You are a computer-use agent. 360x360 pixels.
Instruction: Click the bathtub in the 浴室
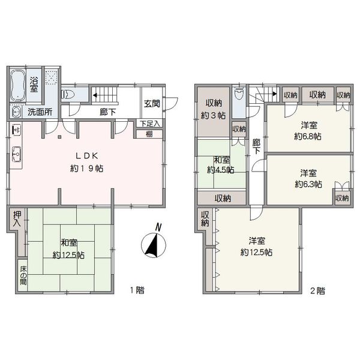coord(17,85)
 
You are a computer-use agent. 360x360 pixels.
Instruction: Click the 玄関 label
coord(152,104)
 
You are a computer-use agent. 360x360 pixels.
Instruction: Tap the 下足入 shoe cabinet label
coord(149,124)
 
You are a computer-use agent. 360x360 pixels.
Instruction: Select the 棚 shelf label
coord(149,134)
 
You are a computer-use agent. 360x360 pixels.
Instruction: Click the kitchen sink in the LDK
coord(17,154)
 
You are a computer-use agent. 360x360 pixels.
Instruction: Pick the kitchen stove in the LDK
coord(17,130)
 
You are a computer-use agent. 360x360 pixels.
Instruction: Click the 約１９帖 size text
coord(87,169)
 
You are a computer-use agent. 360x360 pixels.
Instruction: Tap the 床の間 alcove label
coord(23,275)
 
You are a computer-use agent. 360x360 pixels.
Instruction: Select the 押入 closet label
coord(17,219)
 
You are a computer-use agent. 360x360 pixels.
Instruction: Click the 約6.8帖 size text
coord(308,137)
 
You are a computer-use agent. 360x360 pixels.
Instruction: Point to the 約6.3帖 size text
coord(308,184)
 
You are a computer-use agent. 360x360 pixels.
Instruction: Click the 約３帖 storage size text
coord(213,115)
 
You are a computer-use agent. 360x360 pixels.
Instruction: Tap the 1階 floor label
coord(137,290)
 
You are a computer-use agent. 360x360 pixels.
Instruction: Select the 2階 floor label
coord(318,291)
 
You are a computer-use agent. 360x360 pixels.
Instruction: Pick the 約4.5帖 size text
coord(221,170)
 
